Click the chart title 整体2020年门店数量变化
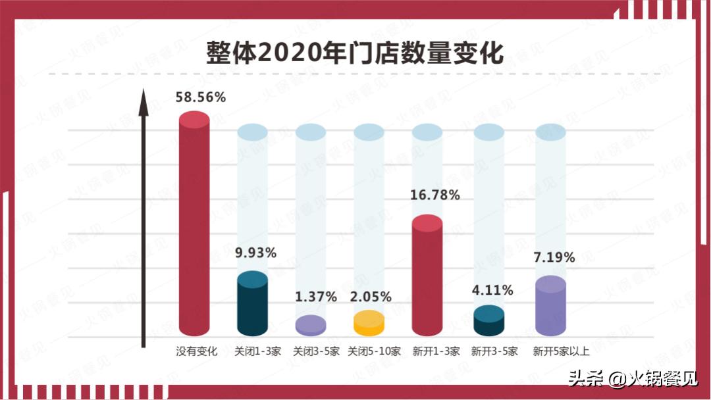[x=355, y=52]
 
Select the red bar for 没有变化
[x=194, y=224]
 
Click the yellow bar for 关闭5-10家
[x=369, y=323]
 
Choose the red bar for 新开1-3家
[x=427, y=276]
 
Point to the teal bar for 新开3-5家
[x=488, y=321]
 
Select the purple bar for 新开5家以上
[x=550, y=307]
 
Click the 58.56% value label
[x=200, y=97]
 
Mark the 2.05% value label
[x=371, y=297]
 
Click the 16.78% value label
[x=434, y=195]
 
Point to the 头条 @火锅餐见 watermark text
[x=632, y=380]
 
